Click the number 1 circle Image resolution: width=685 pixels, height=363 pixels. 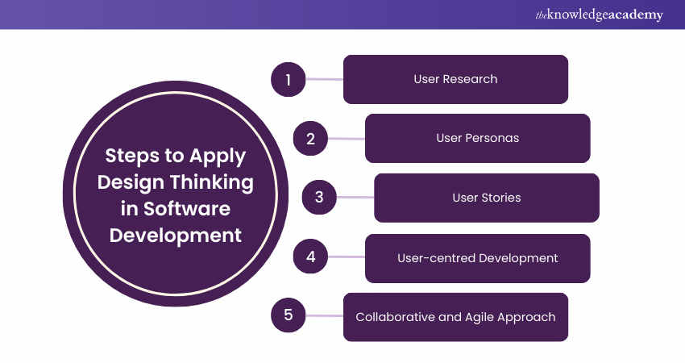(x=288, y=79)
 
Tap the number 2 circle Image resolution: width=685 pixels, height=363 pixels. (x=309, y=138)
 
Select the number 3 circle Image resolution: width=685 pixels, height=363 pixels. (x=319, y=198)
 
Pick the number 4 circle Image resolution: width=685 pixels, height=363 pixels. (x=309, y=258)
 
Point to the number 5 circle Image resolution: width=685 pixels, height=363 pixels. (x=288, y=316)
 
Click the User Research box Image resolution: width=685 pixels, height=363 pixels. (x=455, y=79)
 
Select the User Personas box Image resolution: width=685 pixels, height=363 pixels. (x=477, y=138)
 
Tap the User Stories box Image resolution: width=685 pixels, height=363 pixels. (x=486, y=198)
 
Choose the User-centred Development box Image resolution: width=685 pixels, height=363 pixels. (x=477, y=258)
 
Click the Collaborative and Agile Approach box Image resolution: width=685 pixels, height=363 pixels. (x=455, y=316)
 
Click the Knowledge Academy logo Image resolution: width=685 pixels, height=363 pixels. (x=598, y=15)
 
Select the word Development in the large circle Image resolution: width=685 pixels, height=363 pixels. (x=175, y=235)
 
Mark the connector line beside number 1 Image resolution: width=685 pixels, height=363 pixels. (x=324, y=79)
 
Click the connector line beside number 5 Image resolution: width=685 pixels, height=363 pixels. (x=324, y=316)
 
